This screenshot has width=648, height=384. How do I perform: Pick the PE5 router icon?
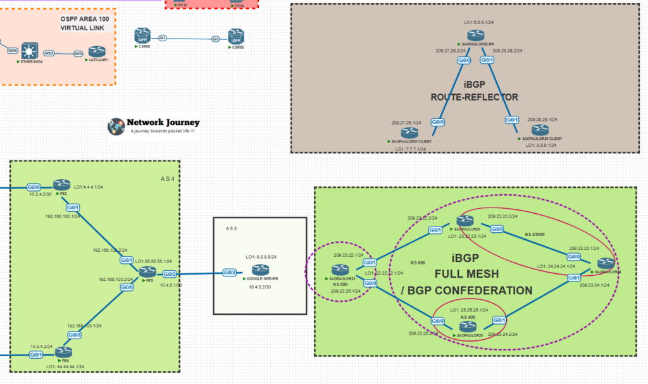pyautogui.click(x=147, y=271)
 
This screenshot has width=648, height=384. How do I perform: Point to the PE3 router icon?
pyautogui.click(x=61, y=184)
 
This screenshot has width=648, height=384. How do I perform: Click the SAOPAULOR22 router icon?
pyautogui.click(x=339, y=271)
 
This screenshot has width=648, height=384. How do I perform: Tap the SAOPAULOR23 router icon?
pyautogui.click(x=468, y=221)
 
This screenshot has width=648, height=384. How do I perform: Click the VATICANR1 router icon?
pyautogui.click(x=96, y=51)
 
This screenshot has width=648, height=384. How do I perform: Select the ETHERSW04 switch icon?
pyautogui.click(x=28, y=51)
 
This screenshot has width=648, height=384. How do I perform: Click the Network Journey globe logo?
pyautogui.click(x=116, y=126)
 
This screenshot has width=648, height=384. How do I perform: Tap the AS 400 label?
pyautogui.click(x=468, y=317)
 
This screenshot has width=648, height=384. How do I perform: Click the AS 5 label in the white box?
pyautogui.click(x=234, y=228)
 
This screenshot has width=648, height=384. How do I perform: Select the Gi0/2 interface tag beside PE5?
pyautogui.click(x=169, y=274)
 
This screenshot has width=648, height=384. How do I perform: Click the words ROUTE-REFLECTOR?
pyautogui.click(x=474, y=97)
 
